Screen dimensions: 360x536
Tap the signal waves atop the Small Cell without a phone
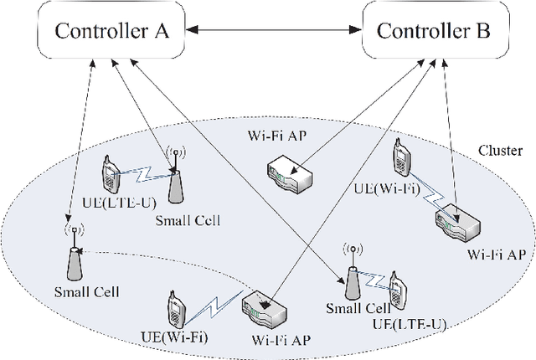tap(74, 227)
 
